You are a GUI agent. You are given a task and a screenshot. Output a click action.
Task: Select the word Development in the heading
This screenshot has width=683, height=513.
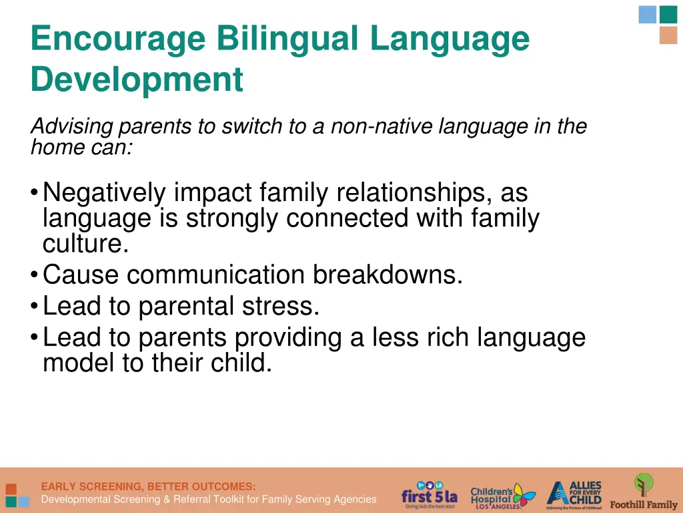point(137,79)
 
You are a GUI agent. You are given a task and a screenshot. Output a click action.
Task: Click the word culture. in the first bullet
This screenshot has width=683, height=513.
point(85,244)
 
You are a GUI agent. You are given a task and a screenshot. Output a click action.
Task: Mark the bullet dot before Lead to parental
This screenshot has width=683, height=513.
point(34,307)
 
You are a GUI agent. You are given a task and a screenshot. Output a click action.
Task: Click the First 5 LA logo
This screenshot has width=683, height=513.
point(429,495)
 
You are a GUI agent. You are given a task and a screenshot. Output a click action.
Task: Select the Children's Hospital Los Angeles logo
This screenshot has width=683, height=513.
point(502,495)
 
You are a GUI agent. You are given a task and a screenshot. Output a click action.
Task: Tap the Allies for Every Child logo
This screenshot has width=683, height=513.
point(574,494)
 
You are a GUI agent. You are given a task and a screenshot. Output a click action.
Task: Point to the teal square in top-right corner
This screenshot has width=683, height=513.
point(668,14)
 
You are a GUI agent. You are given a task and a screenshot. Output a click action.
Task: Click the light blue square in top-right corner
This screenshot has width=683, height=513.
point(648,14)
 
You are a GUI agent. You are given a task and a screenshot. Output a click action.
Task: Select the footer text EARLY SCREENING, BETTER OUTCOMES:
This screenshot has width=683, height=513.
point(148,486)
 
